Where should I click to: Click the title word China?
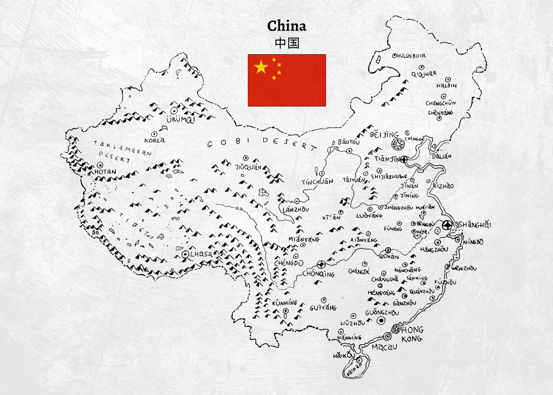coord(287,26)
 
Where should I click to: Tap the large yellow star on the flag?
coord(261,67)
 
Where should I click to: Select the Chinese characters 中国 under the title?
coord(287,43)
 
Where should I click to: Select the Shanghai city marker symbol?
coord(446,225)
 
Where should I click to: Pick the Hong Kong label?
coord(412,334)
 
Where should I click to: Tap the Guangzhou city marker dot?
coord(381,321)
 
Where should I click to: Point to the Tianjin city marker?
coord(404,159)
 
